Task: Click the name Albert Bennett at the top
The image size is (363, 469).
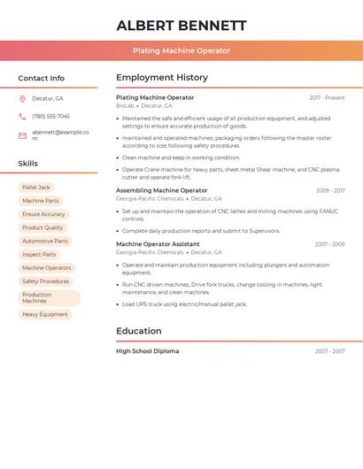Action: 181,26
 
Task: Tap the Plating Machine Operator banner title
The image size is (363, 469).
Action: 181,51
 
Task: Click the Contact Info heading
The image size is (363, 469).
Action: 41,78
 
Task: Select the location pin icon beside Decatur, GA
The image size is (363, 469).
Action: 23,98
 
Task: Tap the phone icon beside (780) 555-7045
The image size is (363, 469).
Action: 23,117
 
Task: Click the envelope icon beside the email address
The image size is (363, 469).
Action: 23,135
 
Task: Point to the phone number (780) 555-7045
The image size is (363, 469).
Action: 50,117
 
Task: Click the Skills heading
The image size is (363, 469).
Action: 27,164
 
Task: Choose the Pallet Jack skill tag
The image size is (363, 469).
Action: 36,188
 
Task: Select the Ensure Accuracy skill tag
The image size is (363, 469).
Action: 43,214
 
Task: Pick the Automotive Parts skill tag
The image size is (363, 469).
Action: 45,241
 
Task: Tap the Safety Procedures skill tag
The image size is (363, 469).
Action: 45,281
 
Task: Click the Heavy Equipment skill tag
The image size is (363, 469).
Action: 45,314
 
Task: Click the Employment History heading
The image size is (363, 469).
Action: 162,78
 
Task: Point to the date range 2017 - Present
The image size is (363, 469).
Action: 327,98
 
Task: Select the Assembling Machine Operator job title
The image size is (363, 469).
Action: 161,190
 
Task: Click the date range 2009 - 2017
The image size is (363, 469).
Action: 330,190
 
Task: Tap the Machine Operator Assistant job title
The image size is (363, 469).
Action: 158,244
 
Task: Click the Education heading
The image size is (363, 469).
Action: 139,331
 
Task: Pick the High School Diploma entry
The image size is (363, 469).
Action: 147,351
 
